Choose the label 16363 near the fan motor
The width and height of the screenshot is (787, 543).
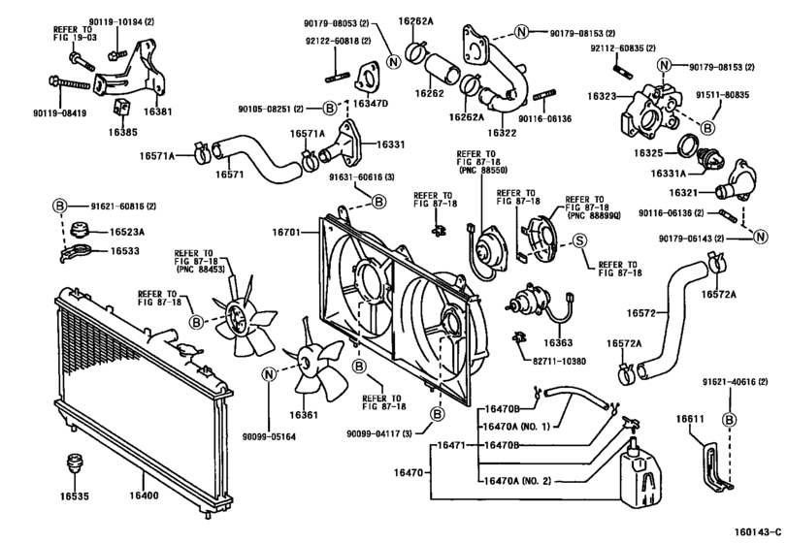click(x=559, y=342)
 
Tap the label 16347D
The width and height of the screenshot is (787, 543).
click(x=371, y=103)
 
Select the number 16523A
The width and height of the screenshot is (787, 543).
click(x=127, y=234)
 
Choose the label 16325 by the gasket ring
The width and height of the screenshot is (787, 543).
click(x=649, y=153)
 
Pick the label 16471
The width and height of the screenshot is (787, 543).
click(x=449, y=445)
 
